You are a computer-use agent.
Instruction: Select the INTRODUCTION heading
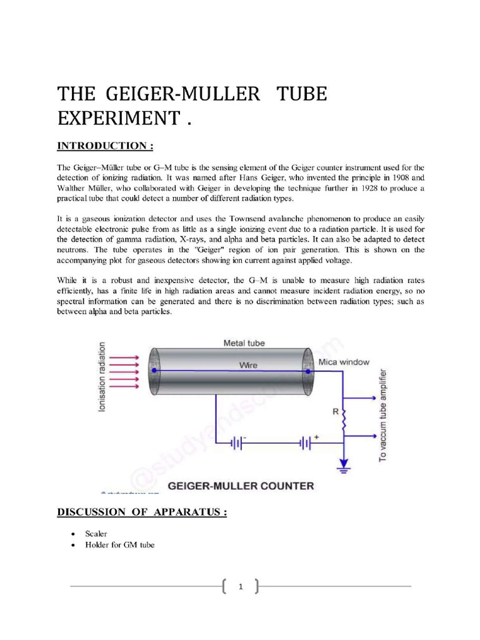click(105, 146)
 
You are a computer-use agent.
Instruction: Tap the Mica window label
click(344, 362)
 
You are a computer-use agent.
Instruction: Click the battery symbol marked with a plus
click(306, 442)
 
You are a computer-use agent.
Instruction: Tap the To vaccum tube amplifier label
click(382, 416)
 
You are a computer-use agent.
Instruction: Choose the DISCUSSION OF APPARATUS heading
click(142, 512)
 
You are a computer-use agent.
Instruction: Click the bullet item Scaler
click(97, 534)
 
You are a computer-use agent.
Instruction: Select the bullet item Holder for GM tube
click(121, 545)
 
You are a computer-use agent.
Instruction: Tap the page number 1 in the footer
click(240, 587)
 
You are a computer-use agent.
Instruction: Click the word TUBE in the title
click(300, 94)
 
